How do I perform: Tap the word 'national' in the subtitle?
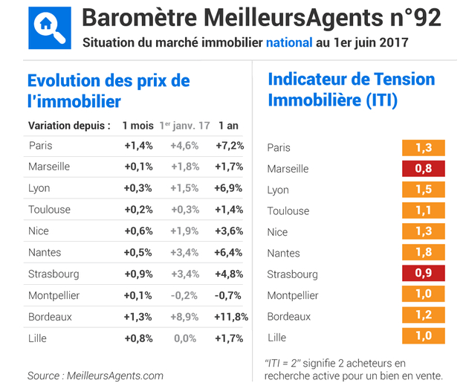point(289,42)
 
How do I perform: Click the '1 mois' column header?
point(138,125)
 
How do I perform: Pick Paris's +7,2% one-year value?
point(229,146)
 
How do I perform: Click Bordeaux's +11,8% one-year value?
point(230,317)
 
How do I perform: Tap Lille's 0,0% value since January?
point(186,338)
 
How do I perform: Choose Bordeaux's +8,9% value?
point(185,317)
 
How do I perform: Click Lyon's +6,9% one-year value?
point(229,188)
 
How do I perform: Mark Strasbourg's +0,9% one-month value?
point(138,274)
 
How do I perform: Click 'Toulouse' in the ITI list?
point(288,211)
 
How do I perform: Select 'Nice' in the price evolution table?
point(39,231)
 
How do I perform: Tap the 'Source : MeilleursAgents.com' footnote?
point(95,375)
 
